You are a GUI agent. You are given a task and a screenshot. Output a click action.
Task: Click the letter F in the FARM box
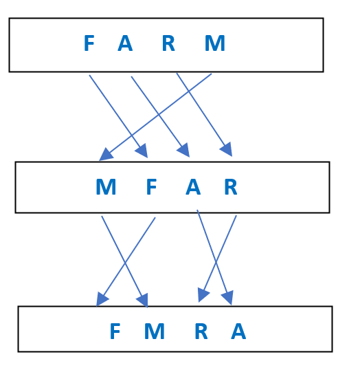(89, 43)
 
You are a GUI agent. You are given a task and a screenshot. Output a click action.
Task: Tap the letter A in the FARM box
(125, 43)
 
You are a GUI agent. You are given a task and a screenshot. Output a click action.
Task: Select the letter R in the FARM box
(168, 43)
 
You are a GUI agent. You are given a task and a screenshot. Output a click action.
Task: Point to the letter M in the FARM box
(215, 43)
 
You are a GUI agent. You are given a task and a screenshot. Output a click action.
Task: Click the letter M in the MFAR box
(106, 186)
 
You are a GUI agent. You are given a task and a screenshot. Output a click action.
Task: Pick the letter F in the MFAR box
(151, 186)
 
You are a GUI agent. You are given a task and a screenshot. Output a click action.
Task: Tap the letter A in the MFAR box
(193, 186)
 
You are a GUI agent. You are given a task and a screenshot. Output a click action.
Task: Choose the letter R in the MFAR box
(231, 186)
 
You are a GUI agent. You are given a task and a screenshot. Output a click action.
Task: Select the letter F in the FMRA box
(115, 331)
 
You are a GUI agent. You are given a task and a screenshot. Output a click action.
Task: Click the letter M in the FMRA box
(155, 331)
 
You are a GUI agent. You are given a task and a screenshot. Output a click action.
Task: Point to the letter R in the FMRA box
(201, 331)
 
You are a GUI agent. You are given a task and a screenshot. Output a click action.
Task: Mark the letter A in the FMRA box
(238, 331)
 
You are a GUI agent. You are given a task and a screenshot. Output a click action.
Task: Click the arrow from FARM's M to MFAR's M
(155, 117)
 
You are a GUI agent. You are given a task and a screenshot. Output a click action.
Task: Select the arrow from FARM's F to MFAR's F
(118, 116)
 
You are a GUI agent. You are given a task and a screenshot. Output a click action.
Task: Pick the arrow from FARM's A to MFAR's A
(160, 116)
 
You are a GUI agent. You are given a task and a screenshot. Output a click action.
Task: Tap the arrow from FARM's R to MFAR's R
(205, 115)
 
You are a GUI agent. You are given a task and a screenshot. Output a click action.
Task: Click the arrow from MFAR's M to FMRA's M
(125, 262)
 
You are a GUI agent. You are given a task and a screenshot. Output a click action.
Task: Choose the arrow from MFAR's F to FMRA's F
(126, 262)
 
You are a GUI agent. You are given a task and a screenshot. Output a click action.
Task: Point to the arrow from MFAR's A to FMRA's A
(215, 257)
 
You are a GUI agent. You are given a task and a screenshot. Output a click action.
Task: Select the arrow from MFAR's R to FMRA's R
(217, 259)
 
